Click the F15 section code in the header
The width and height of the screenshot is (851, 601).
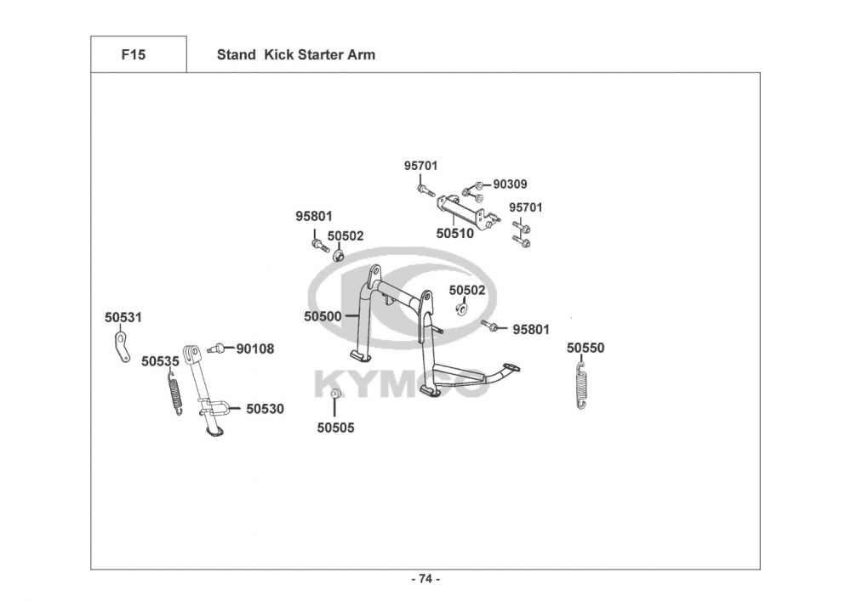click(134, 54)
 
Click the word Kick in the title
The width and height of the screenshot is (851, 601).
click(277, 54)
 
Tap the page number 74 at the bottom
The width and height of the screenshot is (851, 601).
click(425, 579)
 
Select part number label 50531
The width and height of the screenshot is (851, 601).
click(123, 317)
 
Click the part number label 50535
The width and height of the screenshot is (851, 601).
click(160, 361)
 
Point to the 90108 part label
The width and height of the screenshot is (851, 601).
click(255, 349)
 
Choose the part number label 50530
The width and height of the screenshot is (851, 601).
click(265, 409)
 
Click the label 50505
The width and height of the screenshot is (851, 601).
click(335, 428)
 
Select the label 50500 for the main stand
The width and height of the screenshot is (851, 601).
click(323, 316)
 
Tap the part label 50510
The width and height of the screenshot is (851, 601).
click(454, 234)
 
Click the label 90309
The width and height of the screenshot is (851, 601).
click(510, 184)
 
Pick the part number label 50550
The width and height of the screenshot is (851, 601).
click(585, 348)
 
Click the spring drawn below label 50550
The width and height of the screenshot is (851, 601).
click(581, 385)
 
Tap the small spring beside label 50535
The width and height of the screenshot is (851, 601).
click(174, 391)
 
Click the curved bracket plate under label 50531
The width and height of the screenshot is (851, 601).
click(122, 347)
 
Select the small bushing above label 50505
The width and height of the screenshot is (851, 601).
click(336, 393)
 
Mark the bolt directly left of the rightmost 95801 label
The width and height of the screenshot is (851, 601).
click(489, 326)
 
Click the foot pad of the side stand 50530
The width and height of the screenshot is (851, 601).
click(214, 432)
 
